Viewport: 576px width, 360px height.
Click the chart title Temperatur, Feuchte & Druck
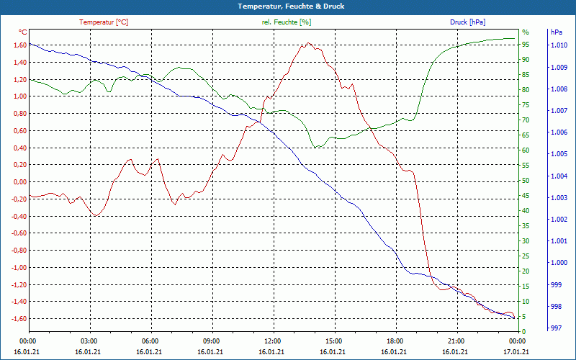(287, 6)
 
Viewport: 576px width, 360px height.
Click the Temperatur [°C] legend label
(104, 22)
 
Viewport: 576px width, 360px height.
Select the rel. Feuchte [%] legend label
(286, 22)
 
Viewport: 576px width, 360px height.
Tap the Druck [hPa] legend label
(467, 22)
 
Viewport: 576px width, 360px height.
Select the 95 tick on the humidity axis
(526, 45)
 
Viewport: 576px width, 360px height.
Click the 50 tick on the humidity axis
(526, 181)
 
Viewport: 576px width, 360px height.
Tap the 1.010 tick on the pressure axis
(558, 45)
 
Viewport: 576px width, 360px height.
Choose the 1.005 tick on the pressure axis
(558, 154)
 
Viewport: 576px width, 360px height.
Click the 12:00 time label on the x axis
(272, 341)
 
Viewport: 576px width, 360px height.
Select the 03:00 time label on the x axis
(89, 341)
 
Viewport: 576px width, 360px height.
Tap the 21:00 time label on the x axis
(455, 341)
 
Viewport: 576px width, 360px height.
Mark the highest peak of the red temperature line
(308, 43)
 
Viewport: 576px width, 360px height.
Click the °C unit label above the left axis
(23, 32)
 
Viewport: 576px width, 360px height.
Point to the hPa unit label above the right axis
(556, 32)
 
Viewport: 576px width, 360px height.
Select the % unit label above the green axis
(526, 32)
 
